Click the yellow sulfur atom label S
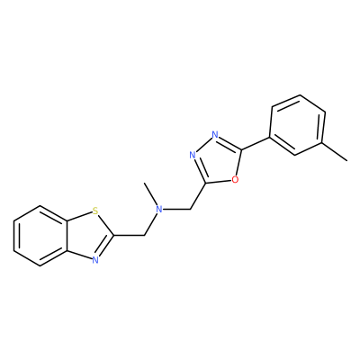coord(95,211)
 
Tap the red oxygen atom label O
coord(235,179)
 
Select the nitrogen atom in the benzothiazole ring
coord(95,260)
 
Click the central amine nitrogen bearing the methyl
coord(160,209)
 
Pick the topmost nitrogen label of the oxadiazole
coord(215,134)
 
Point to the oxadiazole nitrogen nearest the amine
coord(193,155)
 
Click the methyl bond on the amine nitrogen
coord(151,193)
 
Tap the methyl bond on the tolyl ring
coord(335,152)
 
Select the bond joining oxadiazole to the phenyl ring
coord(256,144)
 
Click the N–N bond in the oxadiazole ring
coord(204,145)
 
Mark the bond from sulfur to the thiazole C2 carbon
coord(106,225)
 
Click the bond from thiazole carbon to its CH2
coord(129,235)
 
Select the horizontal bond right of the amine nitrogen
coord(177,209)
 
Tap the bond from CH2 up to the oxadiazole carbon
coord(198,196)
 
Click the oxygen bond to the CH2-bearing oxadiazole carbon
coord(219,181)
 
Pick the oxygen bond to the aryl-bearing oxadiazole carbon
coord(238,162)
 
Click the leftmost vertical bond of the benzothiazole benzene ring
coord(13,236)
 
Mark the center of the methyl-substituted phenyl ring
coord(298,125)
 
